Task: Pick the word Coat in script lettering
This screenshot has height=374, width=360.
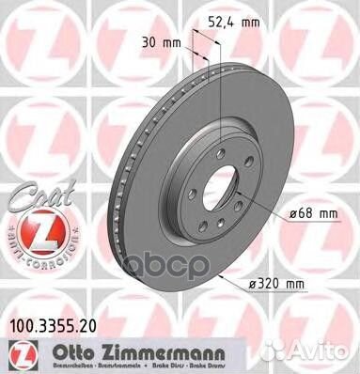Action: click(32, 195)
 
